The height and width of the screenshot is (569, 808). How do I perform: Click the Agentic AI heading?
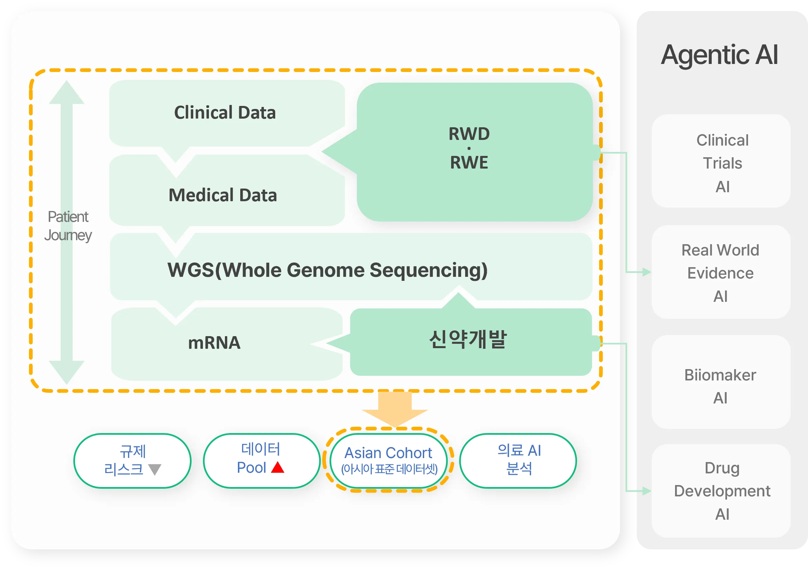[719, 55]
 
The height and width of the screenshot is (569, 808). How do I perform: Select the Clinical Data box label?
[225, 113]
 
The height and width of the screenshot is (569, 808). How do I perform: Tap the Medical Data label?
[223, 195]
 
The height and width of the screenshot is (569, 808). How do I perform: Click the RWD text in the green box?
[469, 134]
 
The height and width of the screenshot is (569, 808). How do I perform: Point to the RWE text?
[469, 163]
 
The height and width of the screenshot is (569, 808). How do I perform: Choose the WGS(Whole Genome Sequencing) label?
[328, 270]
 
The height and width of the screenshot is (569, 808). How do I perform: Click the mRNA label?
[214, 343]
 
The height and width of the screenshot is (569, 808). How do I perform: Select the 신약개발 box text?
[468, 339]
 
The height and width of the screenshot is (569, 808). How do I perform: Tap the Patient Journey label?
[68, 226]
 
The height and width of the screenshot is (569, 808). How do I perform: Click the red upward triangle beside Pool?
[278, 467]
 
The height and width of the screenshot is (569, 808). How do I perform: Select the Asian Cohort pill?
[389, 461]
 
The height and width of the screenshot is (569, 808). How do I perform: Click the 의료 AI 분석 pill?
[518, 461]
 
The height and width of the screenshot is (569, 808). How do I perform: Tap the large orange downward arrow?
[395, 409]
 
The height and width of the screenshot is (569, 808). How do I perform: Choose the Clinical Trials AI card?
[721, 161]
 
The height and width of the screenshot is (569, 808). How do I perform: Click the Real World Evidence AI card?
[721, 272]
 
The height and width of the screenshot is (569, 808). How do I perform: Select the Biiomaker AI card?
[721, 382]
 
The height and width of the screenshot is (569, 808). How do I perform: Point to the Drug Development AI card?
[721, 491]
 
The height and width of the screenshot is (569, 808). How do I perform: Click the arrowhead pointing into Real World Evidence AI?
[647, 272]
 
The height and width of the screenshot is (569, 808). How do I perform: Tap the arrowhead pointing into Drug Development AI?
[647, 491]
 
